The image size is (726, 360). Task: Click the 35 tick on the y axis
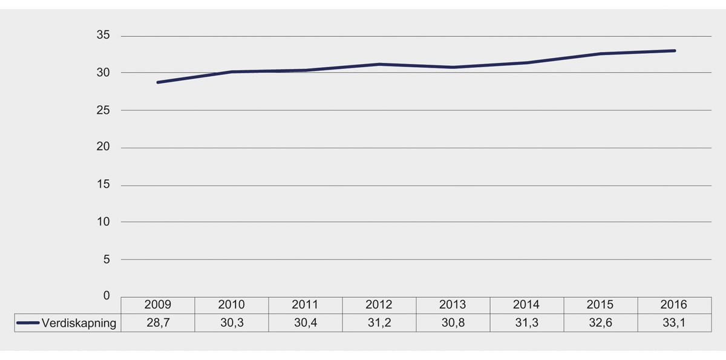(x=103, y=36)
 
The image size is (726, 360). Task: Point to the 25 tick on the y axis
(x=103, y=110)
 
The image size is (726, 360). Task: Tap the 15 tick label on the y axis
(x=103, y=185)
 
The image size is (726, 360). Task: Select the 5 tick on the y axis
(x=106, y=259)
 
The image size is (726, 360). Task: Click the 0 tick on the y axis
(x=106, y=296)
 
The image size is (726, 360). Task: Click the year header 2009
(x=158, y=305)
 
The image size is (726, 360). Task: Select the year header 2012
(x=379, y=305)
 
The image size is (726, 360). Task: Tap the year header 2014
(x=526, y=305)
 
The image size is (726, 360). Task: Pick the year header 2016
(x=674, y=305)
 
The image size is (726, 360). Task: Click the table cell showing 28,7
(x=158, y=323)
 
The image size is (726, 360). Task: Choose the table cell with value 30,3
(x=232, y=323)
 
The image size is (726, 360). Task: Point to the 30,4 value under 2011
(x=306, y=323)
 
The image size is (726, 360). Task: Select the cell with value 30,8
(x=453, y=323)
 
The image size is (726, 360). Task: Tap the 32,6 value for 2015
(x=600, y=323)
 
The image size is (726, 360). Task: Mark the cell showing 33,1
(x=674, y=323)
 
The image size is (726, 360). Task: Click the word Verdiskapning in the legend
(x=79, y=323)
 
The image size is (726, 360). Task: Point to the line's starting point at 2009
(x=158, y=82)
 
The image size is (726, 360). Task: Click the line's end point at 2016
(x=674, y=51)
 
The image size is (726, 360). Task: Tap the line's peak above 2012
(x=379, y=64)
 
